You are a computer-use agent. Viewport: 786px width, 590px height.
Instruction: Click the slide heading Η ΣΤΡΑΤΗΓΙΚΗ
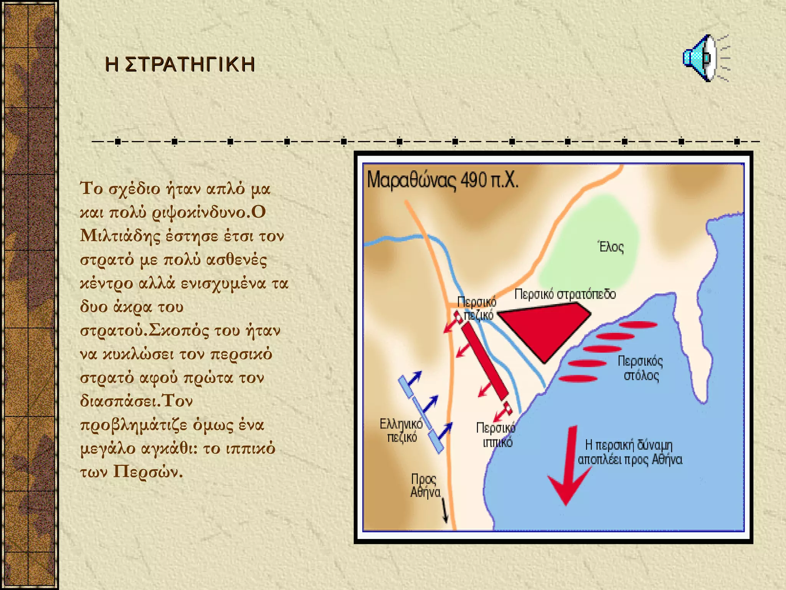[x=180, y=64]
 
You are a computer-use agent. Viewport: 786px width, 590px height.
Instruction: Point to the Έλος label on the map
[x=611, y=247]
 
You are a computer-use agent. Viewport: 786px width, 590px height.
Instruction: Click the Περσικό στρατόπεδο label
[x=565, y=294]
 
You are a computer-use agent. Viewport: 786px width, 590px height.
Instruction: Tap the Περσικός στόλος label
[x=640, y=368]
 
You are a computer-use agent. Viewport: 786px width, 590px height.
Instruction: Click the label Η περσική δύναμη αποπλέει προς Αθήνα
[x=630, y=452]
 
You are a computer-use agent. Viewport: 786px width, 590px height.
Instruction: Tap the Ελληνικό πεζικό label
[x=401, y=430]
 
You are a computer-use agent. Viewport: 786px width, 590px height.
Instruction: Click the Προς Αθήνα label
[x=425, y=486]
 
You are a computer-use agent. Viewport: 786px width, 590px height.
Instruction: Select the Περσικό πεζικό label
[x=477, y=308]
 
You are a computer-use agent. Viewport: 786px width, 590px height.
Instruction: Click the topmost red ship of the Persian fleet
[x=638, y=325]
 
